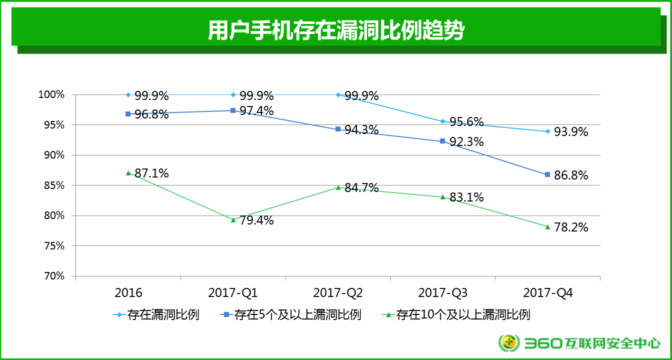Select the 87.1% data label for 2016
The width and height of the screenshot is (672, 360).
[x=151, y=173]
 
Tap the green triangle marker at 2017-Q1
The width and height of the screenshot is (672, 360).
[x=233, y=219]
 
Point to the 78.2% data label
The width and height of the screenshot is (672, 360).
[x=571, y=227]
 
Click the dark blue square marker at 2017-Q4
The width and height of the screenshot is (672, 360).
[x=547, y=174]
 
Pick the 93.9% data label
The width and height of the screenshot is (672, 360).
[x=571, y=132]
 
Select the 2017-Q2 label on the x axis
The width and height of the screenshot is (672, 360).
[x=338, y=293]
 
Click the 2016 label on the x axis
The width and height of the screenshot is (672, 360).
[x=128, y=293]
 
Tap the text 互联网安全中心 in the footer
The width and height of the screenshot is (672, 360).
[x=613, y=343]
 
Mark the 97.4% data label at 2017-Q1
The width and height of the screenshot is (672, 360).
[x=256, y=110]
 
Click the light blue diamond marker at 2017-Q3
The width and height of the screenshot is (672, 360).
[x=442, y=121]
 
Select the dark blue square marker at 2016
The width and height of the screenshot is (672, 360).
[x=128, y=114]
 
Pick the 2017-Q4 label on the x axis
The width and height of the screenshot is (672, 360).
[x=547, y=293]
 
